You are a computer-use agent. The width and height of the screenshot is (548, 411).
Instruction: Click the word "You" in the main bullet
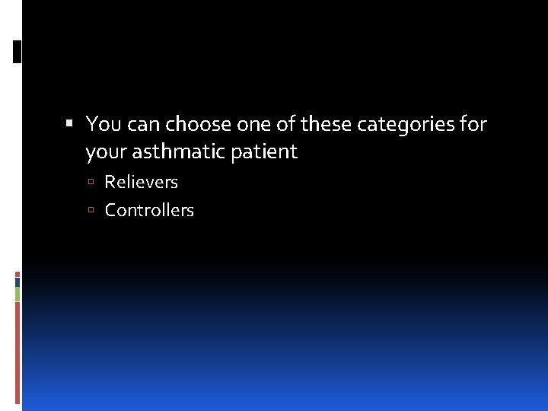103,123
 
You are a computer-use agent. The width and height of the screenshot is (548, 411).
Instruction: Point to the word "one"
253,123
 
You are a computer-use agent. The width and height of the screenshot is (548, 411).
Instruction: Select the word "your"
106,151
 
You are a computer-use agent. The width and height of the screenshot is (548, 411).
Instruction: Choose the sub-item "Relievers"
141,182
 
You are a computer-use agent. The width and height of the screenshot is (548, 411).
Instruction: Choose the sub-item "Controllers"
149,210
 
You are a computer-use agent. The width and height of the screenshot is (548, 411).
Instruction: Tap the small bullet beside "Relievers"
91,183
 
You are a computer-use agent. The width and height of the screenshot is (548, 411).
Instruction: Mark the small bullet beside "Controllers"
91,211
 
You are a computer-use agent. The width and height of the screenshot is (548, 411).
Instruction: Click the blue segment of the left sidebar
18,282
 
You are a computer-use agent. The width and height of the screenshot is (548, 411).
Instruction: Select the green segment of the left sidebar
18,294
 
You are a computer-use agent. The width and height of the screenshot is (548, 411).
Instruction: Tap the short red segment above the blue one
18,274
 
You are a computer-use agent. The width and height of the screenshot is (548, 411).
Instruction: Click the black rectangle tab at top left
18,51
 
